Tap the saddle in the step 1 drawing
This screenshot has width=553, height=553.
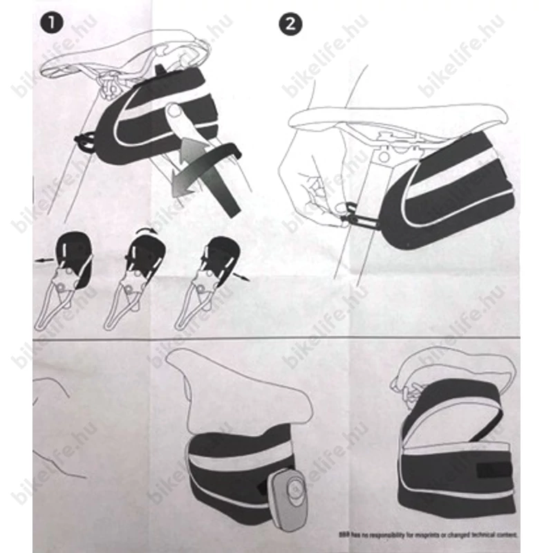pos(124,55)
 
